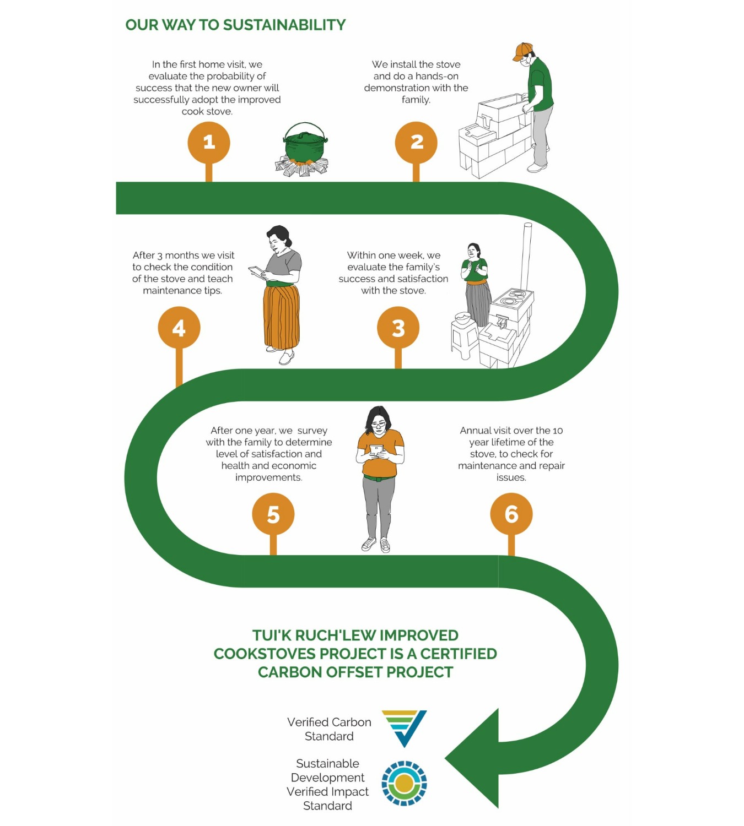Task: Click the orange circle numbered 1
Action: [209, 142]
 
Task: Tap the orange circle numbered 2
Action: [416, 142]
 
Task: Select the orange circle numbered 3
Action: [398, 328]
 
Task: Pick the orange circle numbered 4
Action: [179, 328]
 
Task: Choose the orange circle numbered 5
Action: [273, 514]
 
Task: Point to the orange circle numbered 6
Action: [511, 514]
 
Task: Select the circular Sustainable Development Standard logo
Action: [404, 783]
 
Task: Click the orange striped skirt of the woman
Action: [281, 317]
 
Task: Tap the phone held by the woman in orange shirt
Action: [376, 449]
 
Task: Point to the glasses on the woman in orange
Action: [378, 424]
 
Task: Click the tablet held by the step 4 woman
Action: [257, 271]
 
